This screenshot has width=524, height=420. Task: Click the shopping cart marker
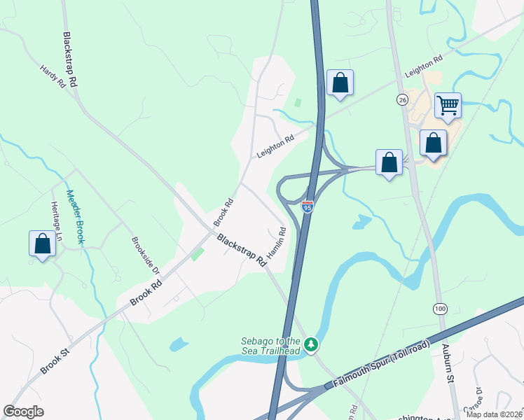pyautogui.click(x=448, y=106)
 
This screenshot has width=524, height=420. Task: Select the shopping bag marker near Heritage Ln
pyautogui.click(x=43, y=244)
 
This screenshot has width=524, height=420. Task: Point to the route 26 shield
pyautogui.click(x=401, y=99)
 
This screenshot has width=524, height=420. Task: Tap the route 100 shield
pyautogui.click(x=439, y=308)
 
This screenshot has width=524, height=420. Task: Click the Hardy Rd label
pyautogui.click(x=53, y=77)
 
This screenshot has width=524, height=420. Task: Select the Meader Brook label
pyautogui.click(x=75, y=217)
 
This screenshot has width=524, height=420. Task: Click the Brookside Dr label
pyautogui.click(x=146, y=255)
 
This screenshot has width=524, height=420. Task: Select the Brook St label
pyautogui.click(x=55, y=358)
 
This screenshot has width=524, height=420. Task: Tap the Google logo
pyautogui.click(x=23, y=412)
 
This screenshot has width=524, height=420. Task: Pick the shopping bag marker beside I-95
pyautogui.click(x=340, y=83)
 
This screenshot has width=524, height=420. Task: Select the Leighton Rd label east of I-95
pyautogui.click(x=424, y=66)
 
